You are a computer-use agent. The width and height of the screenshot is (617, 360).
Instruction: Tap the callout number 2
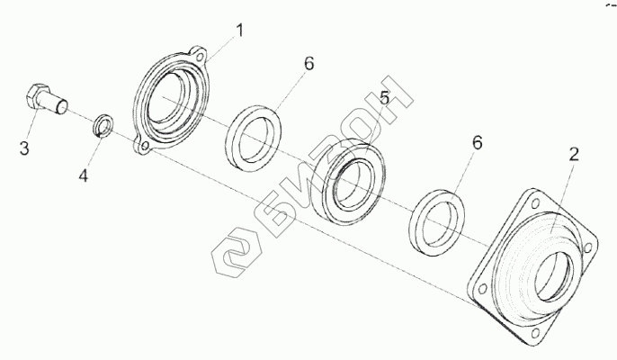(x=573, y=155)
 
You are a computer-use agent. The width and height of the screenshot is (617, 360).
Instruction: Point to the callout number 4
(x=82, y=175)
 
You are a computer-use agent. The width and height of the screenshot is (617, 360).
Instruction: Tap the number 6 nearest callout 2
(x=478, y=143)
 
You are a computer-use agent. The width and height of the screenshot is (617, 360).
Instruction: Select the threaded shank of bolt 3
(x=61, y=105)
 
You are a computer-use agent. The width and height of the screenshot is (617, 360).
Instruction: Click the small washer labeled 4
(x=104, y=126)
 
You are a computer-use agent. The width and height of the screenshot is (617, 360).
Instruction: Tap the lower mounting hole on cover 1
(x=141, y=144)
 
